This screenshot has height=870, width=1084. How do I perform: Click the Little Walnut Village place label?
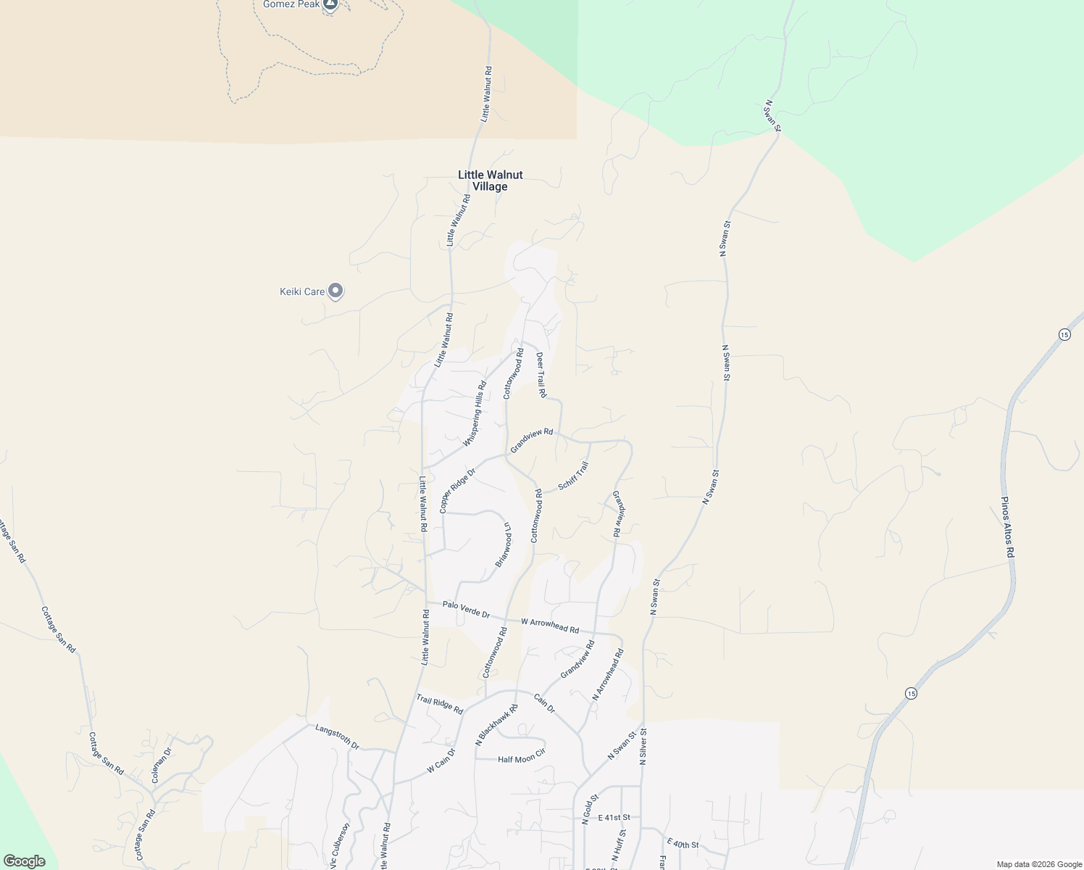tap(490, 181)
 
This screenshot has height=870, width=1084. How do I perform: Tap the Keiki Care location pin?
tap(335, 291)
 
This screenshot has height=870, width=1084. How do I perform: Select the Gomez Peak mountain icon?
tap(330, 5)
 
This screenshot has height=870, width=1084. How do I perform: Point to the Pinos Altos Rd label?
tap(1008, 527)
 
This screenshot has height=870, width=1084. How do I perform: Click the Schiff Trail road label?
tap(573, 476)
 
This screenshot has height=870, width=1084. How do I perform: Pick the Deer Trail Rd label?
tap(541, 375)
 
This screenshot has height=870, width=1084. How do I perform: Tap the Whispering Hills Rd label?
tap(475, 413)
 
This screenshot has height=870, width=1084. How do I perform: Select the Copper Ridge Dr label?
tap(457, 491)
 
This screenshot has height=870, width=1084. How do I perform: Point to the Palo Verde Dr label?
tap(466, 610)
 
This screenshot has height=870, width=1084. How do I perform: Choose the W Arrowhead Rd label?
tap(550, 625)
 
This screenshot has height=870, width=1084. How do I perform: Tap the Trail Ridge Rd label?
tap(439, 704)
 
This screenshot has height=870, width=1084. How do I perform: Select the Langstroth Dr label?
tap(337, 736)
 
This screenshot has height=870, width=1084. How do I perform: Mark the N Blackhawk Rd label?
tap(496, 725)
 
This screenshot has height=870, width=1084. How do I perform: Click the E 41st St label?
tap(614, 818)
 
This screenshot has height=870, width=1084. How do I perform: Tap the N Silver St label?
tap(643, 747)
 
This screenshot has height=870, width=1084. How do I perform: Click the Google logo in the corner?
tap(24, 861)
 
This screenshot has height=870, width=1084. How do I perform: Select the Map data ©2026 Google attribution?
tap(1038, 864)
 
